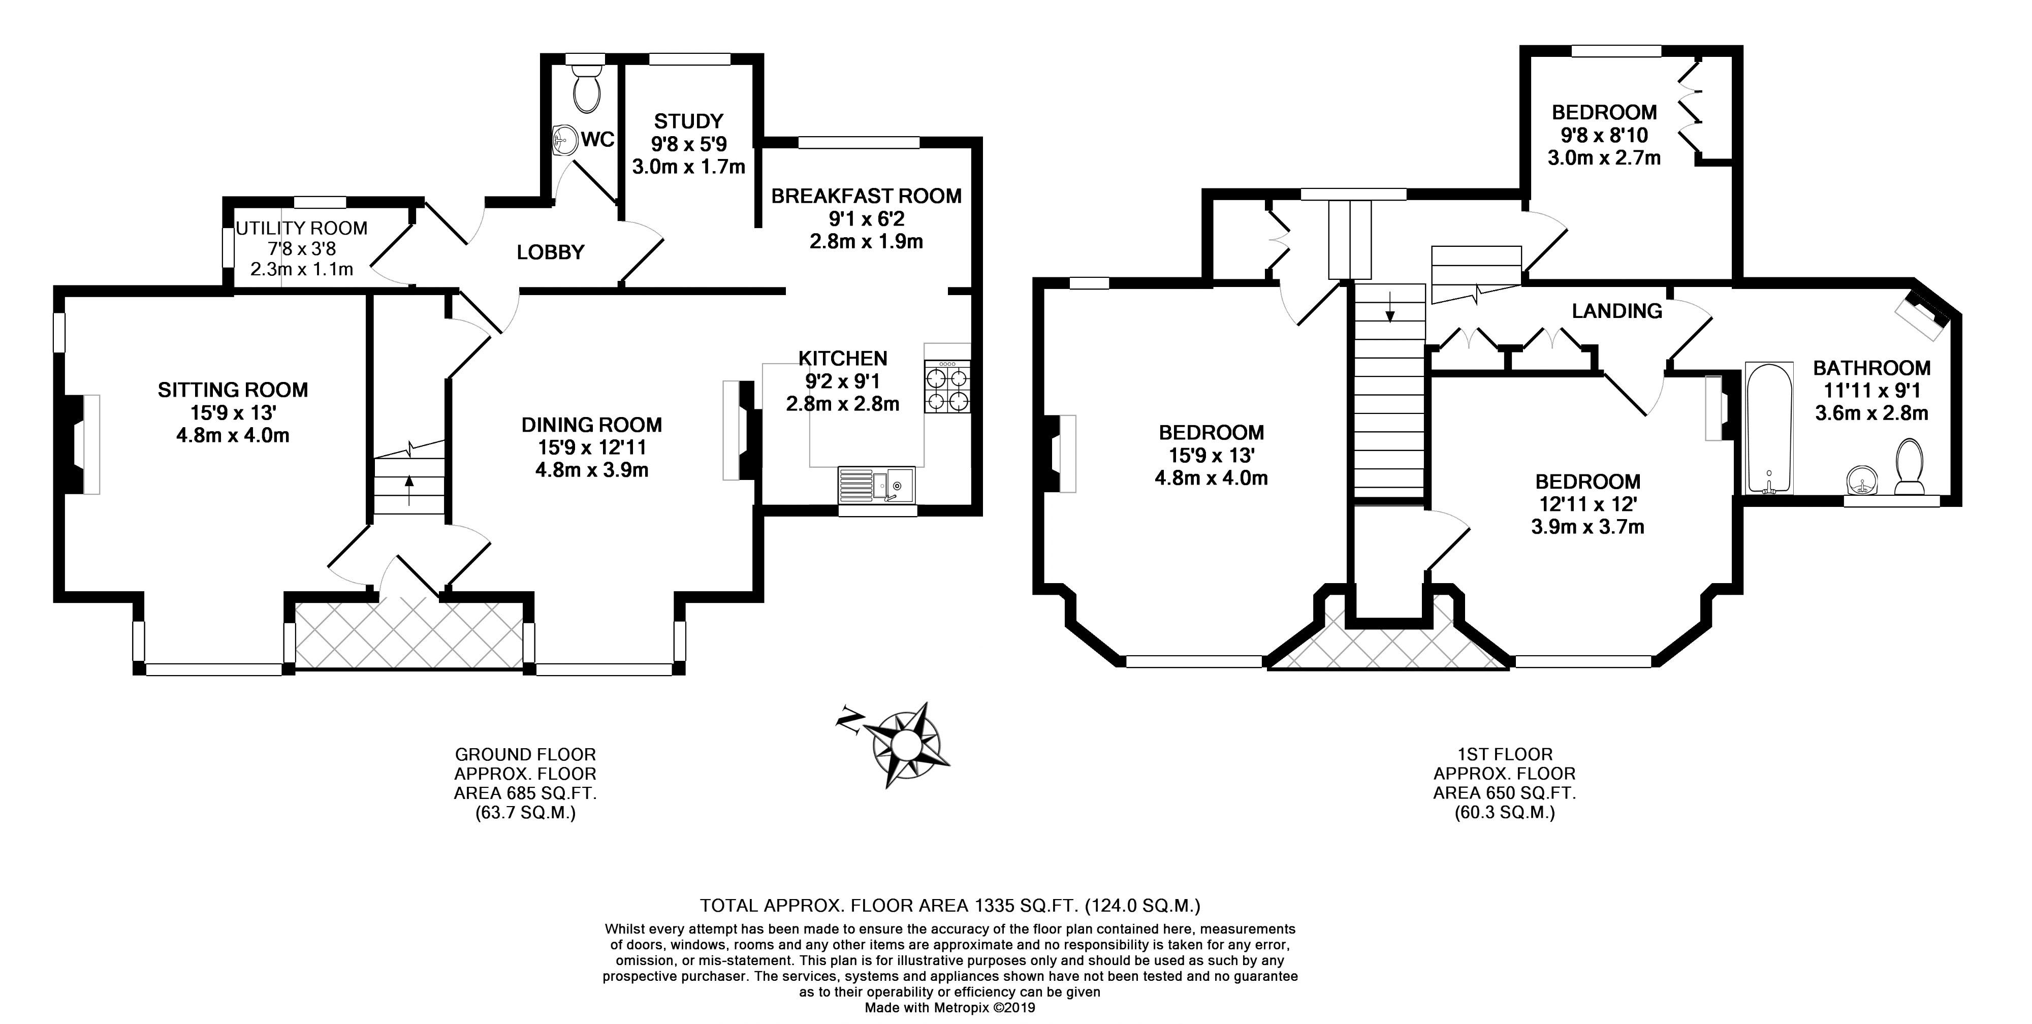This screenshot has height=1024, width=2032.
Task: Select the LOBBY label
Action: pyautogui.click(x=551, y=252)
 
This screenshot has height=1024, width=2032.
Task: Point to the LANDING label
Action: pyautogui.click(x=1616, y=311)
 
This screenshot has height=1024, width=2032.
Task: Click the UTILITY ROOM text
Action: pyautogui.click(x=302, y=229)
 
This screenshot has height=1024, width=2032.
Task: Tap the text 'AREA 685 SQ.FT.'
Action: pyautogui.click(x=525, y=793)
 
